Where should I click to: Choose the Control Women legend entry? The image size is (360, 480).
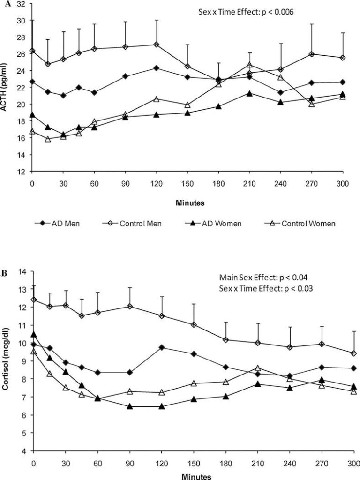tap(307, 224)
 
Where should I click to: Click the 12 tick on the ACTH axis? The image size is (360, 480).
tap(22, 172)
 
